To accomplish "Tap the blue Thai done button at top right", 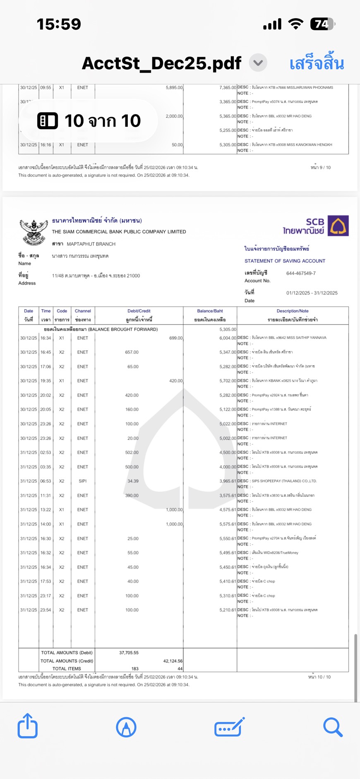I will (x=317, y=64).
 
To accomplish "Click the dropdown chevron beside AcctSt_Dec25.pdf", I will (x=258, y=63).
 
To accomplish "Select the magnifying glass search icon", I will (x=333, y=727).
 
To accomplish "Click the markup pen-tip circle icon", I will (x=126, y=727).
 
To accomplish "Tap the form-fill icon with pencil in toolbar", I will (x=229, y=727).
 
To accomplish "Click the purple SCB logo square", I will (x=338, y=226).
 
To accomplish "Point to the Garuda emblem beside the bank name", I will (x=34, y=232).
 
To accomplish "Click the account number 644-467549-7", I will (x=301, y=273).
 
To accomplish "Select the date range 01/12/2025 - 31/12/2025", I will (x=312, y=293).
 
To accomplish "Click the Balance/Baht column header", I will (x=210, y=311).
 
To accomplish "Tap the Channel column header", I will (x=83, y=311).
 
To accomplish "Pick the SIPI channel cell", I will (x=83, y=481).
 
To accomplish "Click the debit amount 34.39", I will (x=133, y=481).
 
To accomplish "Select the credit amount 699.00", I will (x=176, y=338).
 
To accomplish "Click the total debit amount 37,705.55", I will (x=129, y=653).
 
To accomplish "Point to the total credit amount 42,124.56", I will (x=173, y=661).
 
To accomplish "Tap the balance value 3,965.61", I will (x=228, y=481).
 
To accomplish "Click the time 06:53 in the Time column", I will (x=46, y=481).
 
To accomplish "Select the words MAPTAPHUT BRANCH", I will (x=91, y=244).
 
